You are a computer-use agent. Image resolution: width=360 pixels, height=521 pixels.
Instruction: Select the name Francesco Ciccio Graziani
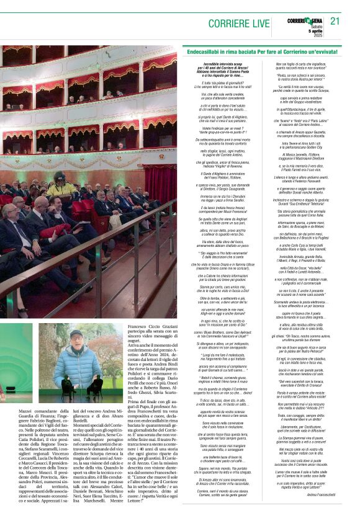[153, 326]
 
